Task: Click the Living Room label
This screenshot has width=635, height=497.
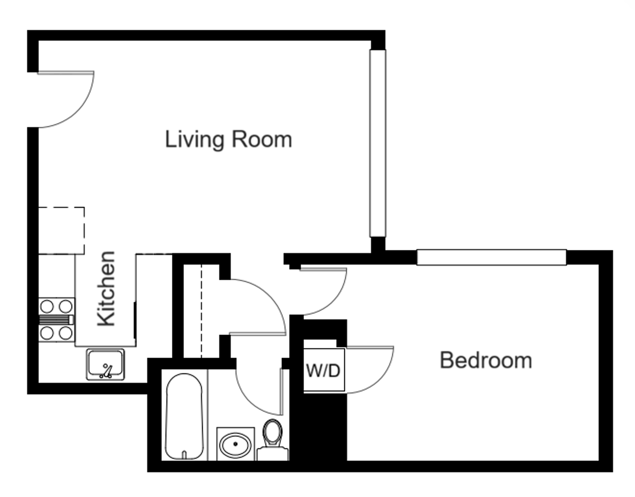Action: pyautogui.click(x=229, y=139)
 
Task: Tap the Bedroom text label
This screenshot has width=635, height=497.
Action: pyautogui.click(x=486, y=360)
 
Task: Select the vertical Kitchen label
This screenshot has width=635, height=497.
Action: pyautogui.click(x=106, y=289)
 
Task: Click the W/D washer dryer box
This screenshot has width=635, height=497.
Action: pyautogui.click(x=324, y=370)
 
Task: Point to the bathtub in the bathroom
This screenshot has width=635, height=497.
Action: pyautogui.click(x=184, y=416)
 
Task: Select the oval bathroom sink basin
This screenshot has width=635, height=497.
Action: pyautogui.click(x=235, y=445)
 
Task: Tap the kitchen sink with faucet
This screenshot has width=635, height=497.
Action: pyautogui.click(x=106, y=364)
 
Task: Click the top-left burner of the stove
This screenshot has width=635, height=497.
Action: pyautogui.click(x=47, y=306)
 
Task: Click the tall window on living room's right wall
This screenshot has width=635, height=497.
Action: pyautogui.click(x=378, y=143)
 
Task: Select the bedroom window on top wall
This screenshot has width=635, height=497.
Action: pyautogui.click(x=491, y=257)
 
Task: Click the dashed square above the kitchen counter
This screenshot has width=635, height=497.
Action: pyautogui.click(x=61, y=230)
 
